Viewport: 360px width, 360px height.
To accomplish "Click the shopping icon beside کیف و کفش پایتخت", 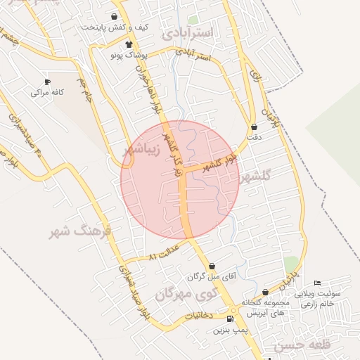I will click(115, 16).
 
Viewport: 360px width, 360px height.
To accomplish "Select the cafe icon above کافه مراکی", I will click(47, 82).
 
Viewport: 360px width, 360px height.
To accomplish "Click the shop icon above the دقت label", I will click(254, 127).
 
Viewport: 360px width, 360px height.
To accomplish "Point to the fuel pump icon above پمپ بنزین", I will click(231, 319).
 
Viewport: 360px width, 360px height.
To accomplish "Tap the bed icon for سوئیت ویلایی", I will click(316, 283).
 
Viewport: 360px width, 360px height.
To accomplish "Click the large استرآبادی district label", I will click(191, 32).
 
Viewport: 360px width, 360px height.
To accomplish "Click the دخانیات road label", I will click(200, 317).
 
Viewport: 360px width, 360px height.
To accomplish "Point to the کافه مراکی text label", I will click(47, 92).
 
